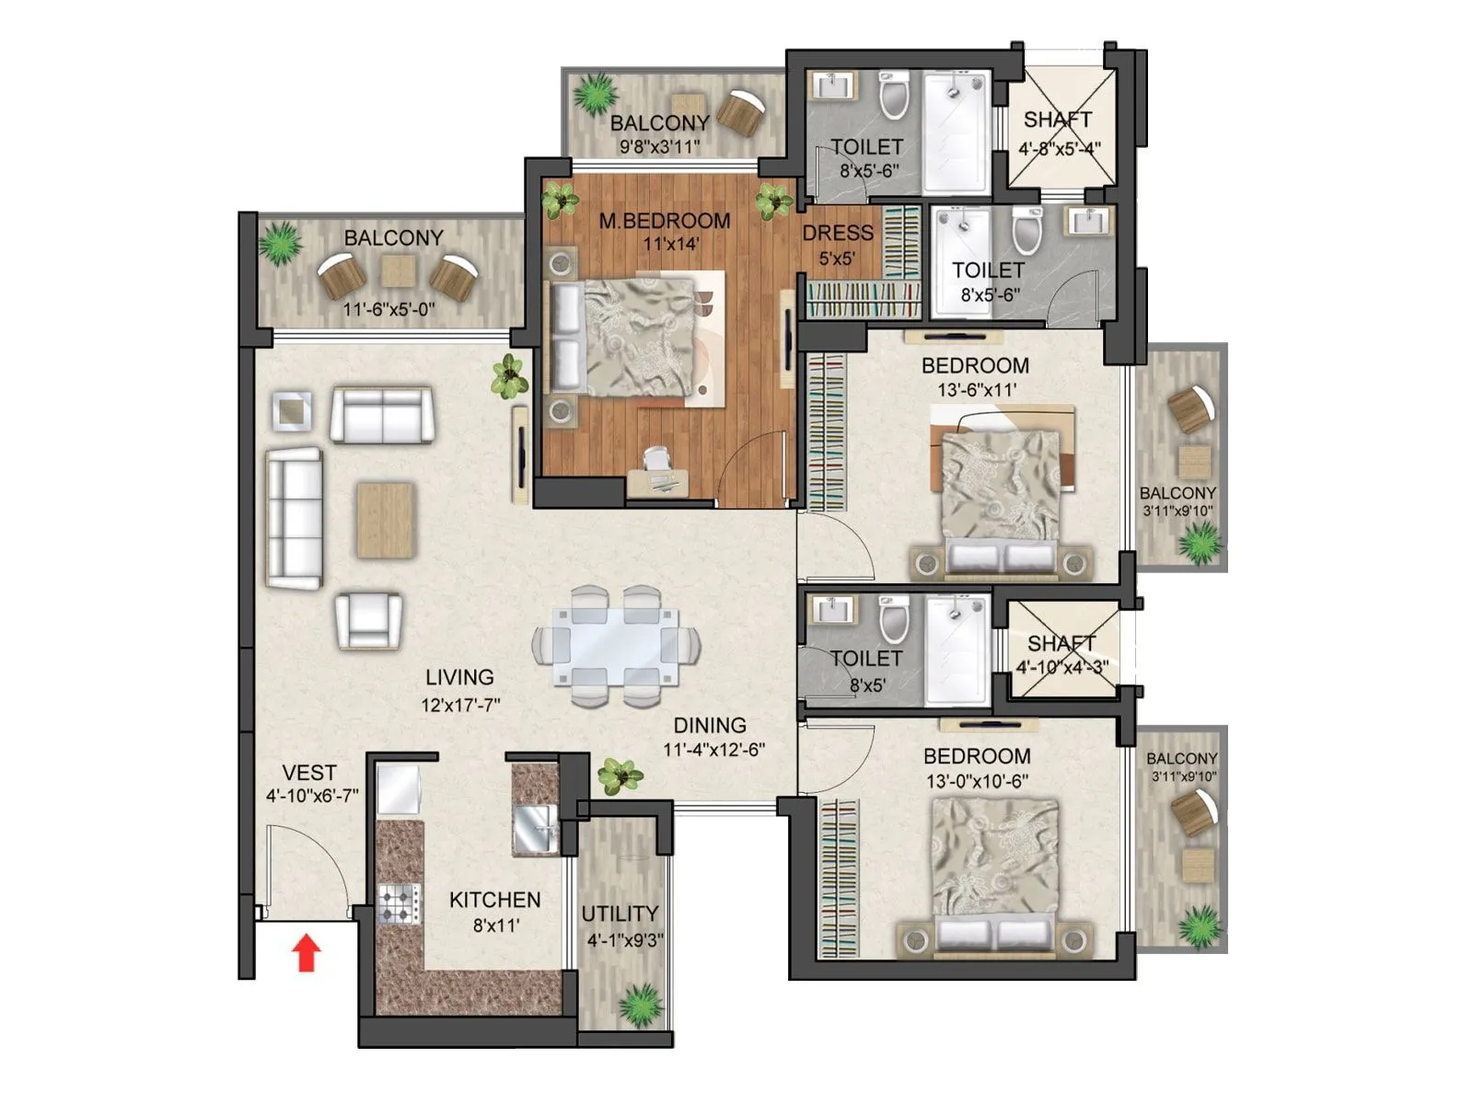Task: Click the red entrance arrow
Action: [x=307, y=954]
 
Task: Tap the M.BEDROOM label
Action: [x=664, y=221]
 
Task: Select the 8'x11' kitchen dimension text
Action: [x=496, y=925]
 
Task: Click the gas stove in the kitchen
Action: [x=400, y=903]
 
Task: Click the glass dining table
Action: [x=616, y=646]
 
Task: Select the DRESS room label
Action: [x=837, y=233]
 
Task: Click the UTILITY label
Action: [x=620, y=914]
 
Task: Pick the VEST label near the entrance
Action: [x=308, y=773]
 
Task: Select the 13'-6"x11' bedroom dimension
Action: [x=977, y=390]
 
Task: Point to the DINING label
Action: [x=709, y=725]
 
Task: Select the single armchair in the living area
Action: [x=368, y=620]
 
